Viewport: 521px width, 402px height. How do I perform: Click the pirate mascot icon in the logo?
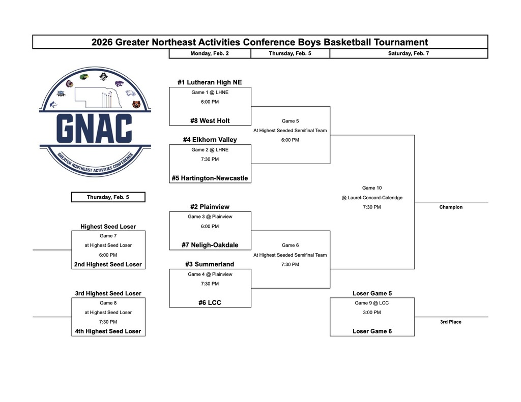(x=104, y=76)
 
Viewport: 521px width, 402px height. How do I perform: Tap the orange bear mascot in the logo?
(x=136, y=105)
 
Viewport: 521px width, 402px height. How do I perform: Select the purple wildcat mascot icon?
(x=120, y=83)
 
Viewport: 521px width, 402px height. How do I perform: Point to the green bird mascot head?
(x=84, y=77)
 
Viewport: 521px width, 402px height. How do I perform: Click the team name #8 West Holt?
(x=210, y=121)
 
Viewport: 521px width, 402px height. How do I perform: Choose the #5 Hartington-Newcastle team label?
(x=210, y=178)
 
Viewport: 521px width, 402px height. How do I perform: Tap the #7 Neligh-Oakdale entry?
(x=210, y=245)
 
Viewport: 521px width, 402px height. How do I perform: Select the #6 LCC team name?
(x=210, y=302)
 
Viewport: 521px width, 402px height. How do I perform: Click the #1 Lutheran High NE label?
(x=210, y=82)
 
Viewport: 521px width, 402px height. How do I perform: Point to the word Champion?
(x=451, y=207)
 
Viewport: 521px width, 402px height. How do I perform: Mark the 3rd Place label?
(x=451, y=322)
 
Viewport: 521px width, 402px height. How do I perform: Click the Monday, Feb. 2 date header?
(x=210, y=53)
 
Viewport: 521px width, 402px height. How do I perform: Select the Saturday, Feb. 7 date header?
(x=409, y=53)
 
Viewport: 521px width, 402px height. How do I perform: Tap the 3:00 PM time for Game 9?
(x=372, y=313)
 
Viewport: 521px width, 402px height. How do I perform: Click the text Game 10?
(x=372, y=188)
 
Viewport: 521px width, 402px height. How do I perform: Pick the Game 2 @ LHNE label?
(x=210, y=150)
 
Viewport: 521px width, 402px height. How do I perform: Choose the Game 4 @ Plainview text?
(x=210, y=274)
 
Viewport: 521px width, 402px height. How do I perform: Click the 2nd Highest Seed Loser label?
(x=108, y=265)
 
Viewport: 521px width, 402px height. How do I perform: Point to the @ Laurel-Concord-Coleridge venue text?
(x=372, y=198)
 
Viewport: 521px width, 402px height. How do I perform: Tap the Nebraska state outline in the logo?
(x=98, y=98)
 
